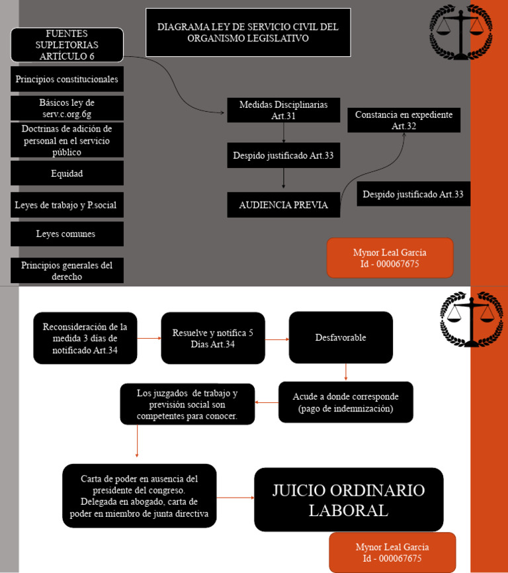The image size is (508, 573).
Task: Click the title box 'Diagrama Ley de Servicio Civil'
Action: point(247,32)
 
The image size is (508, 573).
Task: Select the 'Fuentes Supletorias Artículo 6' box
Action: point(67,45)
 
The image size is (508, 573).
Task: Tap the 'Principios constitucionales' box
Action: point(67,79)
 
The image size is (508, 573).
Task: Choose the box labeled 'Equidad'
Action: point(67,173)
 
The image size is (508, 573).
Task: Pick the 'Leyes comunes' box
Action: point(67,234)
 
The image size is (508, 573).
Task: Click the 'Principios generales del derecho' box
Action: point(67,271)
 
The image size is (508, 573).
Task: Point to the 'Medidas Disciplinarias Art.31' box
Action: point(283,110)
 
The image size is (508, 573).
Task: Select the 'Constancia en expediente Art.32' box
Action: point(403,120)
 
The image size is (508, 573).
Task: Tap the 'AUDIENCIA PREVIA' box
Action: point(283,204)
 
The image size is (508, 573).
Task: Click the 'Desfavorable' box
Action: point(341,337)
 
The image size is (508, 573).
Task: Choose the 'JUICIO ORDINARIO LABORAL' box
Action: point(349,500)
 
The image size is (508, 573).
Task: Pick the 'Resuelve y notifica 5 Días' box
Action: point(213,338)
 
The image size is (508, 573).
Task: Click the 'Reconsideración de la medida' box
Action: point(85,338)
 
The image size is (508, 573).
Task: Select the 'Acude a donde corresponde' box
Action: point(345,402)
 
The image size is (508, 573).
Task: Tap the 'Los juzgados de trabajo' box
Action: point(187,404)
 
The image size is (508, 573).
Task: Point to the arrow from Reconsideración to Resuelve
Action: point(149,338)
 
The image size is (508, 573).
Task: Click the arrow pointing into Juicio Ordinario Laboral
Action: point(235,498)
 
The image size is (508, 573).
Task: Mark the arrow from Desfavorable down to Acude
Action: point(346,373)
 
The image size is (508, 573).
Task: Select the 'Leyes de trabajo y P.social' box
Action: point(67,205)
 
